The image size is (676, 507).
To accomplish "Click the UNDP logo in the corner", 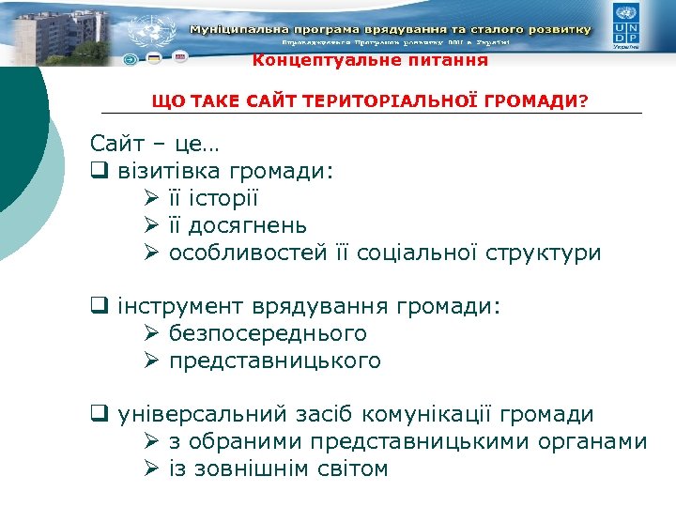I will tap(626, 25).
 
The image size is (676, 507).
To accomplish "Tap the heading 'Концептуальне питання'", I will tap(370, 61).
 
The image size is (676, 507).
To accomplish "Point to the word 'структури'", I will tap(547, 253).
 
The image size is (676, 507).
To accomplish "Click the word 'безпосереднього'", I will tap(268, 334).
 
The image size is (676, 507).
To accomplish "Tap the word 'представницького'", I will tap(275, 361).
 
